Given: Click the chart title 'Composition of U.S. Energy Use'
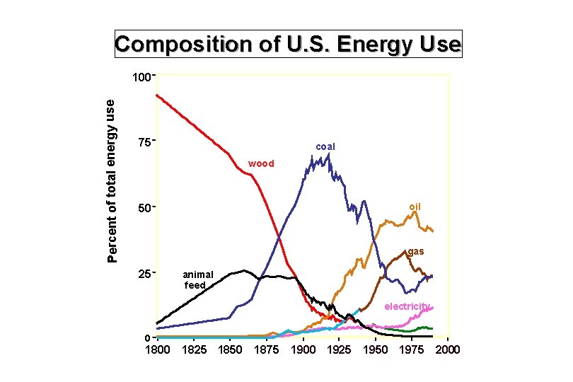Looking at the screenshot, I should tap(288, 45).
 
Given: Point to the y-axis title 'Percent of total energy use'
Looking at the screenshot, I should tap(111, 180).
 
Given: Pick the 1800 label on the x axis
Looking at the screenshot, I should tap(156, 349).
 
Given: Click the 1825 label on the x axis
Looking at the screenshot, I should tap(193, 349).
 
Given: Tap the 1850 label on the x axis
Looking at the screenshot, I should tap(230, 349).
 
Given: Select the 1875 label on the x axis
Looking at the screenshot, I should tap(267, 349).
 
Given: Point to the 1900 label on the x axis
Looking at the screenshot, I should tap(303, 349).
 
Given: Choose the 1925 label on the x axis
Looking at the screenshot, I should tap(340, 349).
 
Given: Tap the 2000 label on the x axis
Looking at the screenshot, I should tap(448, 349).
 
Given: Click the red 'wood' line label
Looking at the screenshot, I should tap(261, 164).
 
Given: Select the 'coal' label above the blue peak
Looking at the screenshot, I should tap(325, 146).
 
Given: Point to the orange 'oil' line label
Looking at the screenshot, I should tap(415, 207).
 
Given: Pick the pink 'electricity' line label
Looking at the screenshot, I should tap(407, 306).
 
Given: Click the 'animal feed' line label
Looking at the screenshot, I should tap(197, 279).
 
